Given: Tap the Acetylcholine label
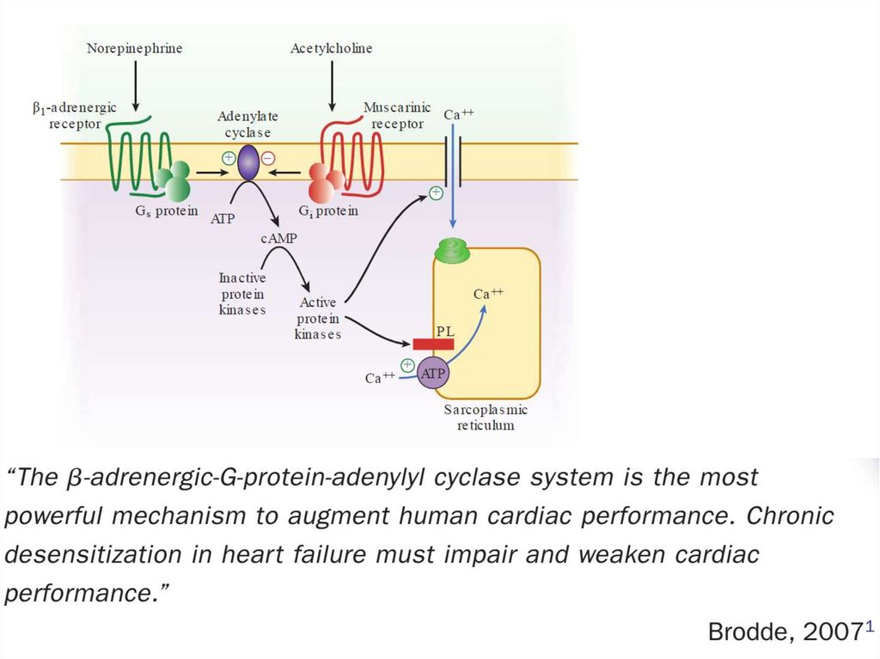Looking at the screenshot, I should tap(332, 48).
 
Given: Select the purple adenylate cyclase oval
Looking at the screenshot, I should tap(248, 162).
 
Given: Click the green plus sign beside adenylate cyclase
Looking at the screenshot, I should tap(229, 157).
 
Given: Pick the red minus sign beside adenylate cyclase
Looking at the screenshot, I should tap(268, 157).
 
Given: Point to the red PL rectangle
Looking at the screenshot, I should tap(433, 344).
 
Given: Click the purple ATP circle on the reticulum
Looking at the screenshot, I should tap(433, 373).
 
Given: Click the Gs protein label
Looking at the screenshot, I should tap(167, 211).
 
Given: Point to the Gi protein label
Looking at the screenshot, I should tap(328, 211).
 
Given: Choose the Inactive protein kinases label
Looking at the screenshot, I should tap(242, 293).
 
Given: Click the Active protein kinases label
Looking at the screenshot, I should tap(318, 318).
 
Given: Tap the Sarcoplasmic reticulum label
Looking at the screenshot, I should tap(486, 418).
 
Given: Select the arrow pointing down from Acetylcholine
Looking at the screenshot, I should tap(332, 86).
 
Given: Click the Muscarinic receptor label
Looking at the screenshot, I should tap(397, 116).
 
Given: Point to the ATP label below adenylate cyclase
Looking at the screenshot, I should tap(223, 218).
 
